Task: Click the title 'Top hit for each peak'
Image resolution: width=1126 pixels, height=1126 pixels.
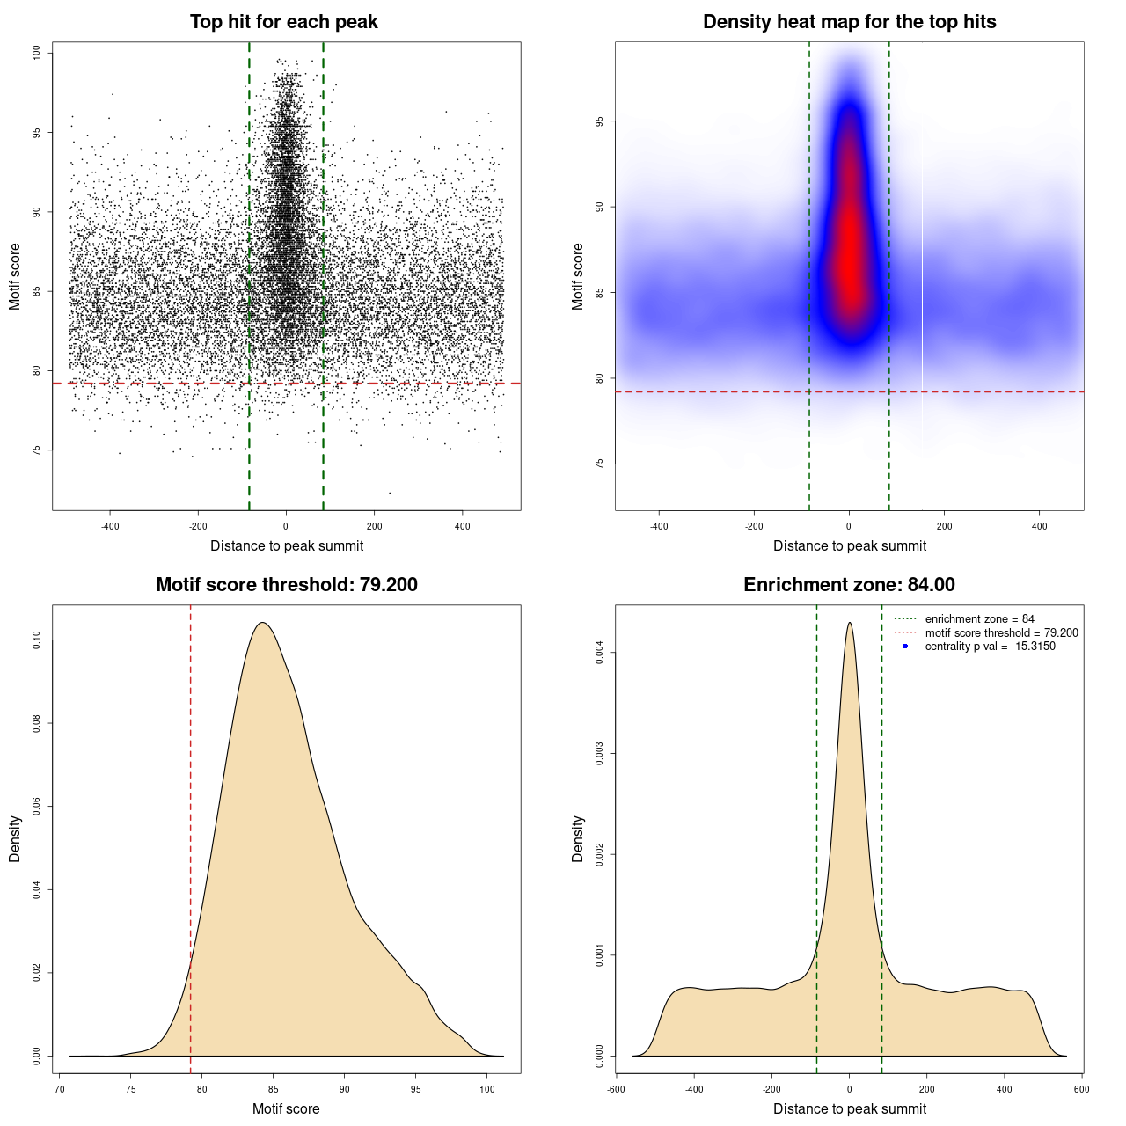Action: pos(283,22)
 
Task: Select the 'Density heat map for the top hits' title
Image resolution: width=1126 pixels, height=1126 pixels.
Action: pos(849,22)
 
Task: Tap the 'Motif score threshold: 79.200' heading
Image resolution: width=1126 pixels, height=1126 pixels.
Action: pos(286,585)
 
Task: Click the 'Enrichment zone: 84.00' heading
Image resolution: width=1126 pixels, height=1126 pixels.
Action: pos(849,585)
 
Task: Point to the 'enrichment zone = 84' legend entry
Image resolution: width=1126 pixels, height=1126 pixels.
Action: pos(979,619)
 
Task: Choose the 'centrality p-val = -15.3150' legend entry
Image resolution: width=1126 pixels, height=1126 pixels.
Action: pos(990,647)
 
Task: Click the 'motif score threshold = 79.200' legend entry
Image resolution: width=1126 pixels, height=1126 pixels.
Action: pos(1001,633)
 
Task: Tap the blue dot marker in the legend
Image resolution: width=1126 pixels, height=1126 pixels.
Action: pos(905,647)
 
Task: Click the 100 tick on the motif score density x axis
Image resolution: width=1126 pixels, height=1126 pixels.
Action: pos(487,1089)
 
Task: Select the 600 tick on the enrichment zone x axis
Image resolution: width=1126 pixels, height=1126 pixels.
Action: pos(1081,1089)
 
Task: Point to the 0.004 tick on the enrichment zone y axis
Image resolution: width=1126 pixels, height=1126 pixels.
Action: pos(600,653)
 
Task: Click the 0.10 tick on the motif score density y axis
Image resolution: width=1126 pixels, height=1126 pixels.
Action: pos(37,640)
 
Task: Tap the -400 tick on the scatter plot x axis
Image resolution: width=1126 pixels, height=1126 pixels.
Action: pos(110,526)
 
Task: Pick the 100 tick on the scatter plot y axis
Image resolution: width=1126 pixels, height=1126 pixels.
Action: pos(37,54)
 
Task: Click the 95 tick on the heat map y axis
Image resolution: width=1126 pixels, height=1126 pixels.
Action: pos(600,121)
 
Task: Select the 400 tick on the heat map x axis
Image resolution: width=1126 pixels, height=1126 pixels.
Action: pos(1039,526)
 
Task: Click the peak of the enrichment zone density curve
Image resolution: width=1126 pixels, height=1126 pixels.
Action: pos(849,623)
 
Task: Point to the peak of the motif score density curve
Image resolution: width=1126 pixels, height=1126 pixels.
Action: pos(261,623)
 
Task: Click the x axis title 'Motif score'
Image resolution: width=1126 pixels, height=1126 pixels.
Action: pos(286,1108)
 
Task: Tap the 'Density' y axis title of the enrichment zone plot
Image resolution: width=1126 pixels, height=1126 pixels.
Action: pos(578,838)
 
